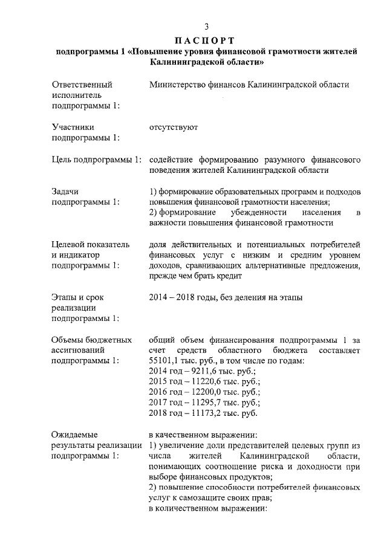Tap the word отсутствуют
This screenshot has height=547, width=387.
pyautogui.click(x=173, y=128)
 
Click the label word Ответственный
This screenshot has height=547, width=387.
pyautogui.click(x=82, y=84)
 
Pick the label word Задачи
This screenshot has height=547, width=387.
pyautogui.click(x=67, y=191)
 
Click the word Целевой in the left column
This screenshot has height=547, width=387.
pyautogui.click(x=69, y=244)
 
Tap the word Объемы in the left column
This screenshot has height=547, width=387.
pyautogui.click(x=68, y=340)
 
